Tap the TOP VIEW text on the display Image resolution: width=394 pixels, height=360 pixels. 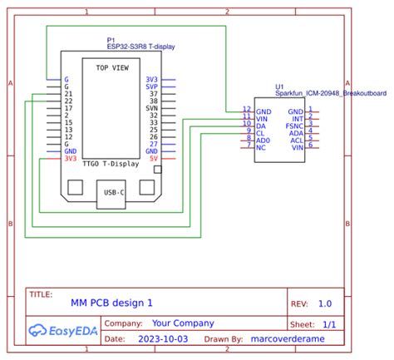[113, 67]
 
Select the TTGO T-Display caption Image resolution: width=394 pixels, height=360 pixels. [111, 165]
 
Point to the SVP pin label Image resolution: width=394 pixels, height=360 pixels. [152, 86]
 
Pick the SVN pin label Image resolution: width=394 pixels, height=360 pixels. [152, 108]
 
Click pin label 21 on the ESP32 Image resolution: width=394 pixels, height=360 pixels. [68, 93]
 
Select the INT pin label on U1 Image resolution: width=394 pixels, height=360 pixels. [296, 117]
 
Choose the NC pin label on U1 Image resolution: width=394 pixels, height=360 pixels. [261, 146]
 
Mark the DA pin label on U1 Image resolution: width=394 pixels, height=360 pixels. [261, 125]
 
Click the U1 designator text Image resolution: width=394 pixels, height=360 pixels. [279, 86]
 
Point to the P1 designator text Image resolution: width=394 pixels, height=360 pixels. [111, 40]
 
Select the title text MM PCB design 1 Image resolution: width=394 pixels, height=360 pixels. [112, 304]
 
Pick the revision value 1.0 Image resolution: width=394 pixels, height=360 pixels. [324, 304]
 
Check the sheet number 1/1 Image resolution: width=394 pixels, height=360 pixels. [329, 324]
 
